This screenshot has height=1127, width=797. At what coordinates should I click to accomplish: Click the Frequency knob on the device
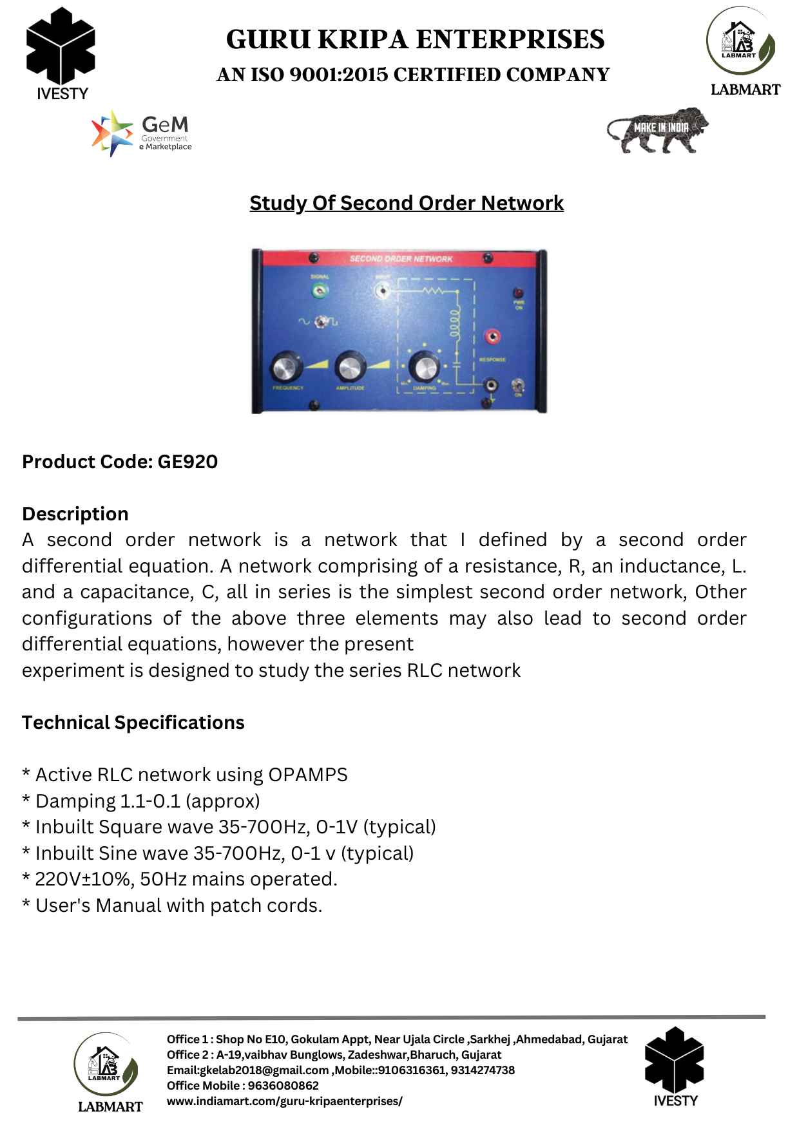point(285,367)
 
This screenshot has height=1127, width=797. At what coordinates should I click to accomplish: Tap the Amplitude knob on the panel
point(350,367)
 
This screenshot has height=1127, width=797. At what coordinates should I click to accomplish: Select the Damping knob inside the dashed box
point(425,367)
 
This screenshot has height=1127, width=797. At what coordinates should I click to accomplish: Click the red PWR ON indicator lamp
point(517,294)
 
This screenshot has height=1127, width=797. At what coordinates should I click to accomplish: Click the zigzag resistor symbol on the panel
point(431,291)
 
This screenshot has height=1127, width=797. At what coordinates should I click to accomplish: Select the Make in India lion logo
point(657,130)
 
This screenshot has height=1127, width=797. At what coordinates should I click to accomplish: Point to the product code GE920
point(187,462)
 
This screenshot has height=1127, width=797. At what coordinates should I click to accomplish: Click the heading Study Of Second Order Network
point(407,203)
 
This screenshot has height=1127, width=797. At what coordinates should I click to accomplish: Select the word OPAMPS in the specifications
point(308,774)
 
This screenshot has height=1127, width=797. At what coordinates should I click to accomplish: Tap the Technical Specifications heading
point(133,723)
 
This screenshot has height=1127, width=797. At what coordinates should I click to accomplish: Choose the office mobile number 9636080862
point(283,1086)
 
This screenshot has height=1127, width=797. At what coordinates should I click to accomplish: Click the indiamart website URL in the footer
point(284,1101)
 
